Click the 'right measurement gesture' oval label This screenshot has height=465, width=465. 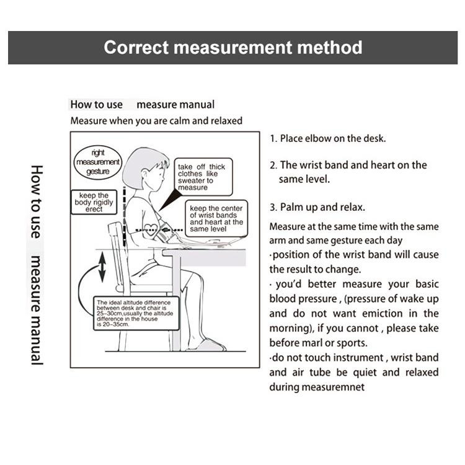97,161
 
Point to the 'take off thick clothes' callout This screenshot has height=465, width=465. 201,177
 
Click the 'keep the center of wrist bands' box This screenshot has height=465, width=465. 216,218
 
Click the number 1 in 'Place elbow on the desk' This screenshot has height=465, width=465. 273,138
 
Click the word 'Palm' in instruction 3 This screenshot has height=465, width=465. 291,207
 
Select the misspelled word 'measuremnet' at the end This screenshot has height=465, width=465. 334,387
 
